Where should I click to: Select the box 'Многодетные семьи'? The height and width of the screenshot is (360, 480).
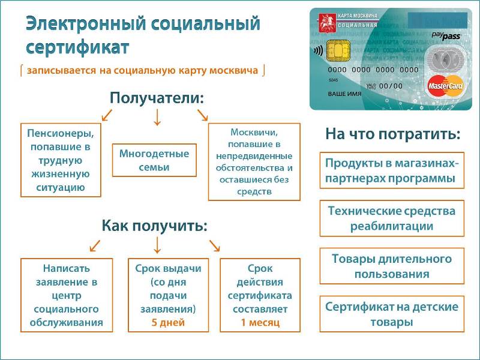(x=154, y=160)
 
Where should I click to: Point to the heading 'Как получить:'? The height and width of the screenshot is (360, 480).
(x=154, y=226)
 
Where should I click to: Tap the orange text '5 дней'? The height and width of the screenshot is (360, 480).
(x=164, y=322)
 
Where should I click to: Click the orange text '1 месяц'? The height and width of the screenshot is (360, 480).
(x=260, y=322)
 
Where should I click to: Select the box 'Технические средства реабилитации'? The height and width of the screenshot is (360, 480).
(x=391, y=218)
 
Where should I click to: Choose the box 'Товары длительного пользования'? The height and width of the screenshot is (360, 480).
(x=391, y=266)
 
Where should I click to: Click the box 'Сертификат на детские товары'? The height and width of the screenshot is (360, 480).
(x=391, y=314)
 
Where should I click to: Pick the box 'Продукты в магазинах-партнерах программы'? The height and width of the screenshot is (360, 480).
(x=391, y=170)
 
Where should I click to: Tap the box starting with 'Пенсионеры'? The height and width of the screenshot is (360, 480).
(x=61, y=160)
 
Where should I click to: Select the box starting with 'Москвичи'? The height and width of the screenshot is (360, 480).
(x=254, y=161)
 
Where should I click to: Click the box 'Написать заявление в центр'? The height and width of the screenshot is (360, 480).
(x=67, y=295)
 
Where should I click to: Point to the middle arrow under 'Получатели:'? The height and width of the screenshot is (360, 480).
(x=157, y=116)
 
